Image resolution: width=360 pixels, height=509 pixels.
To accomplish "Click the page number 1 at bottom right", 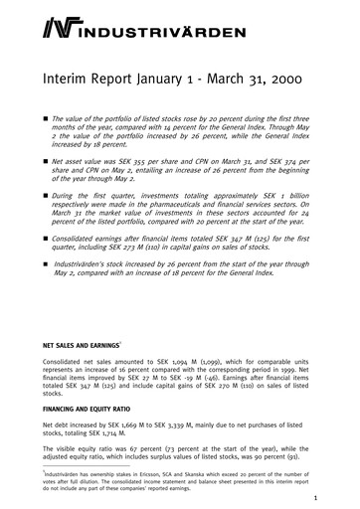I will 315,498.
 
